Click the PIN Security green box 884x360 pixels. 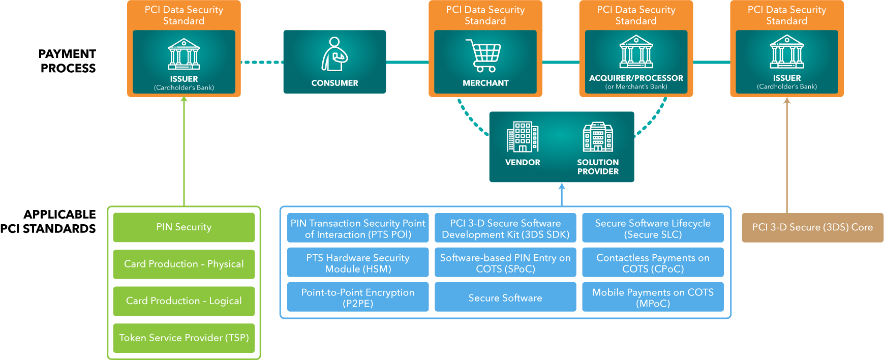(184, 227)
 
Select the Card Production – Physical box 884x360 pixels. (184, 264)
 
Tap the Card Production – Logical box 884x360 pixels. (184, 301)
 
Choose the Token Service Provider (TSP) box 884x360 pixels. (184, 338)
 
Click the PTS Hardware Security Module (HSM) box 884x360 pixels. (358, 263)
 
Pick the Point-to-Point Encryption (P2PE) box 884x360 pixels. (358, 297)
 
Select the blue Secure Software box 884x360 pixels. (505, 297)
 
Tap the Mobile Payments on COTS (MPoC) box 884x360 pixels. (653, 297)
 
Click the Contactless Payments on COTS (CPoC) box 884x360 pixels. (653, 263)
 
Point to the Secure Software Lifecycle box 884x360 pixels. (653, 228)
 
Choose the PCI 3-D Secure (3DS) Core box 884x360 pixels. (812, 227)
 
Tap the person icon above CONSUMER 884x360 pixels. (334, 54)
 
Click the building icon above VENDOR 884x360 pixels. (522, 137)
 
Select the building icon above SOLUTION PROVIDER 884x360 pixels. (598, 137)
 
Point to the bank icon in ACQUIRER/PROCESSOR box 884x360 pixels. (636, 52)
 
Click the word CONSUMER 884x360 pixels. (334, 83)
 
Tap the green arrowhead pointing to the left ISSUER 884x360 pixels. (184, 99)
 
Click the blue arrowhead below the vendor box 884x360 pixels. (562, 186)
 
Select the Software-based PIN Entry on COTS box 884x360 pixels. (505, 263)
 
